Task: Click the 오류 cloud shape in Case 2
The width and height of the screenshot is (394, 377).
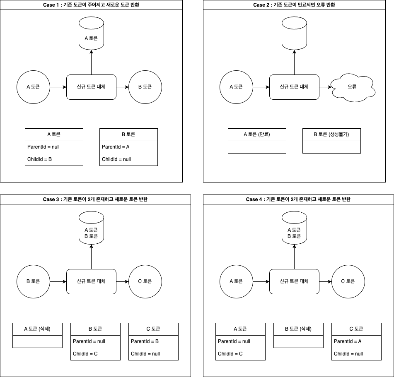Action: (353, 87)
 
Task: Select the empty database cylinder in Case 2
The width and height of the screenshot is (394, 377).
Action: (294, 34)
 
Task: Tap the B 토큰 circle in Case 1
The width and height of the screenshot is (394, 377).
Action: (145, 87)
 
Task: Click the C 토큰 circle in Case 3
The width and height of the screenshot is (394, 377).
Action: (145, 282)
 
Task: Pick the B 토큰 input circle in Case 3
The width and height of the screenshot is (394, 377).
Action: (33, 282)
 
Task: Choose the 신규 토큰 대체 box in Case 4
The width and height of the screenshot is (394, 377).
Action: (294, 282)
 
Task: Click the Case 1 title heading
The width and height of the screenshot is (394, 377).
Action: (91, 5)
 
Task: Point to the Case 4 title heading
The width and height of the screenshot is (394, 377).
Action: (298, 199)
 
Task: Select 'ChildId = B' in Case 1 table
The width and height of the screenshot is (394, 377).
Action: (39, 159)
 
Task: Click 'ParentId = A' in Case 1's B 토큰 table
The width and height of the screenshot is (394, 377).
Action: (116, 147)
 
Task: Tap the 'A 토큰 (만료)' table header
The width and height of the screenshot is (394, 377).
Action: (257, 134)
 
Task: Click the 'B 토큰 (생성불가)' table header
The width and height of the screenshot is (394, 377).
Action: (331, 134)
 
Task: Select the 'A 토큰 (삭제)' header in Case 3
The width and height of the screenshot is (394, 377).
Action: (37, 329)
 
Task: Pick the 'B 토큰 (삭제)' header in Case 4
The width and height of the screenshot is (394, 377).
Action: (298, 329)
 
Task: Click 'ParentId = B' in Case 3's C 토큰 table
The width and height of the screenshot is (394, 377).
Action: (145, 341)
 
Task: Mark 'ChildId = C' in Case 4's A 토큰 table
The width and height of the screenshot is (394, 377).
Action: (230, 354)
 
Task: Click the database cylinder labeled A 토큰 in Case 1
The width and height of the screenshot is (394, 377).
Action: (91, 34)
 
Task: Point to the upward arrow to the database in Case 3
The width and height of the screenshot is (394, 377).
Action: (91, 257)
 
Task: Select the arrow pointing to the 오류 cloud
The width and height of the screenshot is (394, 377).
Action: (326, 87)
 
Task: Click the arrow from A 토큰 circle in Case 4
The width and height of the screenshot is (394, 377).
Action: (261, 282)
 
